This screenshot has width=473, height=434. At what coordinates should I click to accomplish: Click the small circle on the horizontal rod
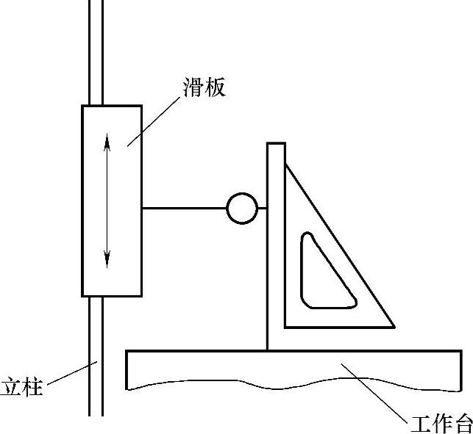pyautogui.click(x=241, y=208)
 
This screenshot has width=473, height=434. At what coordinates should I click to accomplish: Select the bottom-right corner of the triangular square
pyautogui.click(x=393, y=327)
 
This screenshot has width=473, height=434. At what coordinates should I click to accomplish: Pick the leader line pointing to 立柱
pyautogui.click(x=70, y=372)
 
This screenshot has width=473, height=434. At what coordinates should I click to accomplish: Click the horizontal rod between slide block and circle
pyautogui.click(x=184, y=208)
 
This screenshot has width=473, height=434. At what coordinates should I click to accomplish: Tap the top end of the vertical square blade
pyautogui.click(x=276, y=145)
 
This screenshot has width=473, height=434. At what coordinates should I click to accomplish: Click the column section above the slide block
pyautogui.click(x=96, y=51)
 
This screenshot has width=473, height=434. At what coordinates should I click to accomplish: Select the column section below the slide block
pyautogui.click(x=96, y=352)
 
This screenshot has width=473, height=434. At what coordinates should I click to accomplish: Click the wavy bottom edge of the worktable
pyautogui.click(x=294, y=386)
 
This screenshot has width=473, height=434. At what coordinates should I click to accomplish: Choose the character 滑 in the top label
pyautogui.click(x=193, y=88)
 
